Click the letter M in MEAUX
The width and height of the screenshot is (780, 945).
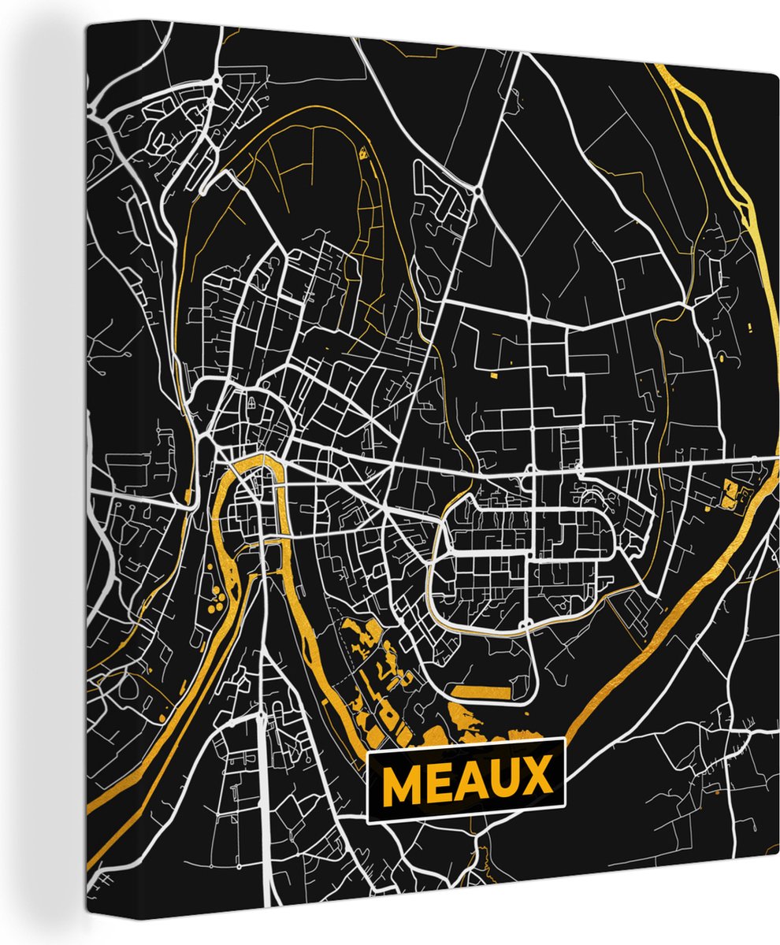(404, 781)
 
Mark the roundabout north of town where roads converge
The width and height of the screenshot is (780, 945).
(478, 190)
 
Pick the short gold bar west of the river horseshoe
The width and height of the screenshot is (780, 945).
(188, 497)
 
